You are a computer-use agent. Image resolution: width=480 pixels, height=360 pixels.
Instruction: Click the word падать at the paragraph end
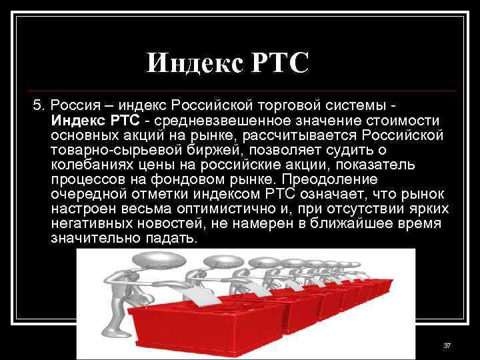[x=171, y=239]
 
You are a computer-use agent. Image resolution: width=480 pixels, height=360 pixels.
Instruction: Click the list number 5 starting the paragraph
[x=37, y=105]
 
